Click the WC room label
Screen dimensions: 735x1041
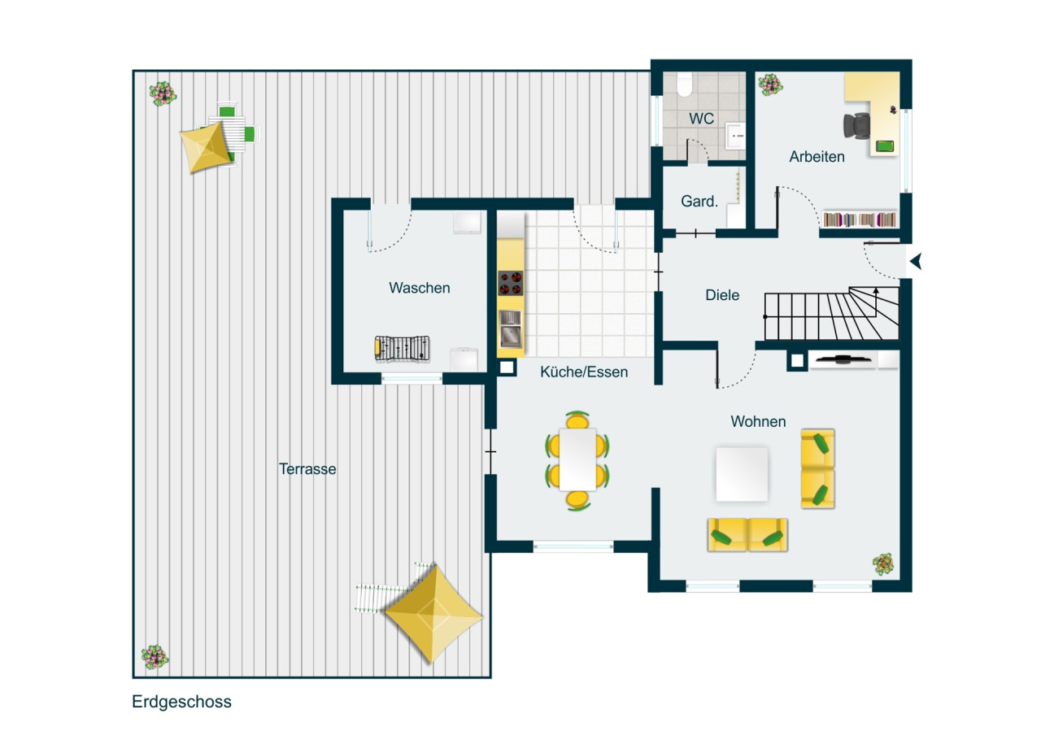tap(701, 119)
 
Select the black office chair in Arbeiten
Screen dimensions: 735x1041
tap(856, 125)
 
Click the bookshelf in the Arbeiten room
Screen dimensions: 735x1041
tap(860, 220)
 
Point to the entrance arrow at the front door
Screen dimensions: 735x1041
tap(916, 261)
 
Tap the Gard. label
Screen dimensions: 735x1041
tap(699, 201)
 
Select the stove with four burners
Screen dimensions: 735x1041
tap(511, 283)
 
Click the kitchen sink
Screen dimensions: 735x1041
tap(510, 328)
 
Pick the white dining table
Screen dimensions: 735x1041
tap(578, 459)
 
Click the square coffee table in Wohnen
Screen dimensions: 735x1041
tap(741, 473)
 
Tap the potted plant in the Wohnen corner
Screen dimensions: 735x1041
tap(882, 563)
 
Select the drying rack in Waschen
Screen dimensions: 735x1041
tap(401, 348)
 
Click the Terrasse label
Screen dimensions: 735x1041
tap(307, 469)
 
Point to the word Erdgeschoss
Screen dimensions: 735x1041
tap(181, 702)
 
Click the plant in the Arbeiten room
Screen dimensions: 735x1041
tap(769, 84)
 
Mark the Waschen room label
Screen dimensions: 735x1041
tap(419, 288)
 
